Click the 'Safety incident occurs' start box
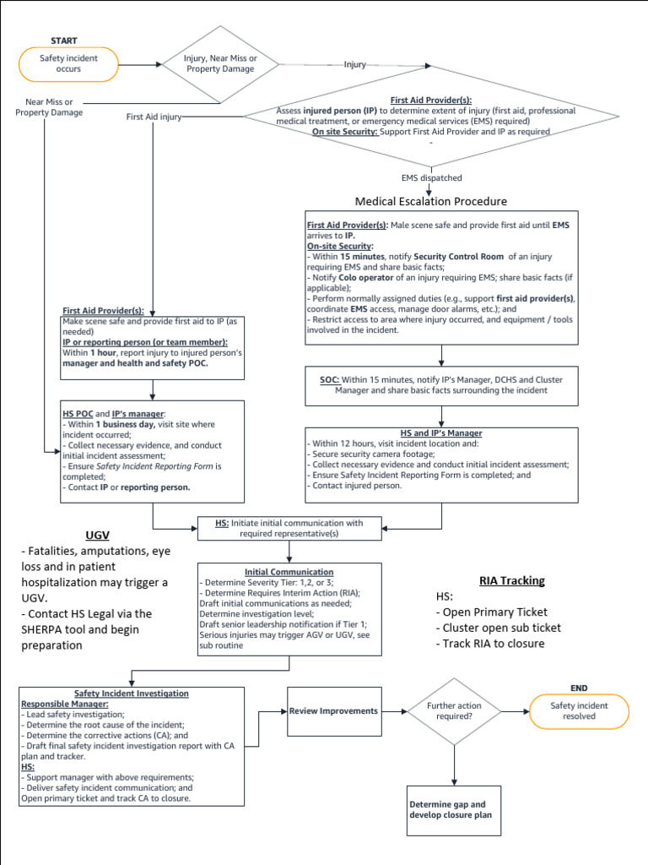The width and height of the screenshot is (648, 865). (x=69, y=64)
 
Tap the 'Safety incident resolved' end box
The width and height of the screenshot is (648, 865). (x=579, y=710)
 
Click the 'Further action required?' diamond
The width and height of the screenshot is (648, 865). (x=455, y=711)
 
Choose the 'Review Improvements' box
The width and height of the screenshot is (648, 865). (x=333, y=711)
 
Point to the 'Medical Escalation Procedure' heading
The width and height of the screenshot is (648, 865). (x=431, y=201)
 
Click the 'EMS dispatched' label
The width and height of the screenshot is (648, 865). (x=431, y=178)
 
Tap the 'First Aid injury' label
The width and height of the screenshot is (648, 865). (x=154, y=117)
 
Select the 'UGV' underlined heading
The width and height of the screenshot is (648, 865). (x=98, y=535)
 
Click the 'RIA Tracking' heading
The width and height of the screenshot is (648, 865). (x=511, y=580)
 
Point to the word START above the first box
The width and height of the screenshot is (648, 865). (x=64, y=41)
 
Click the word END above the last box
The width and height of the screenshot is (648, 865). (x=579, y=688)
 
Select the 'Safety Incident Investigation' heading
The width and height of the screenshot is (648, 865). (x=132, y=694)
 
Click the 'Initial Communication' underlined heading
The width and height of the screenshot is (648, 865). (x=289, y=572)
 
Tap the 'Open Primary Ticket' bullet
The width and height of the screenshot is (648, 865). (x=491, y=612)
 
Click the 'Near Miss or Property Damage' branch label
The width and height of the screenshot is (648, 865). (x=49, y=107)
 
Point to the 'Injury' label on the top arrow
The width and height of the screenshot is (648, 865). (x=355, y=64)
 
